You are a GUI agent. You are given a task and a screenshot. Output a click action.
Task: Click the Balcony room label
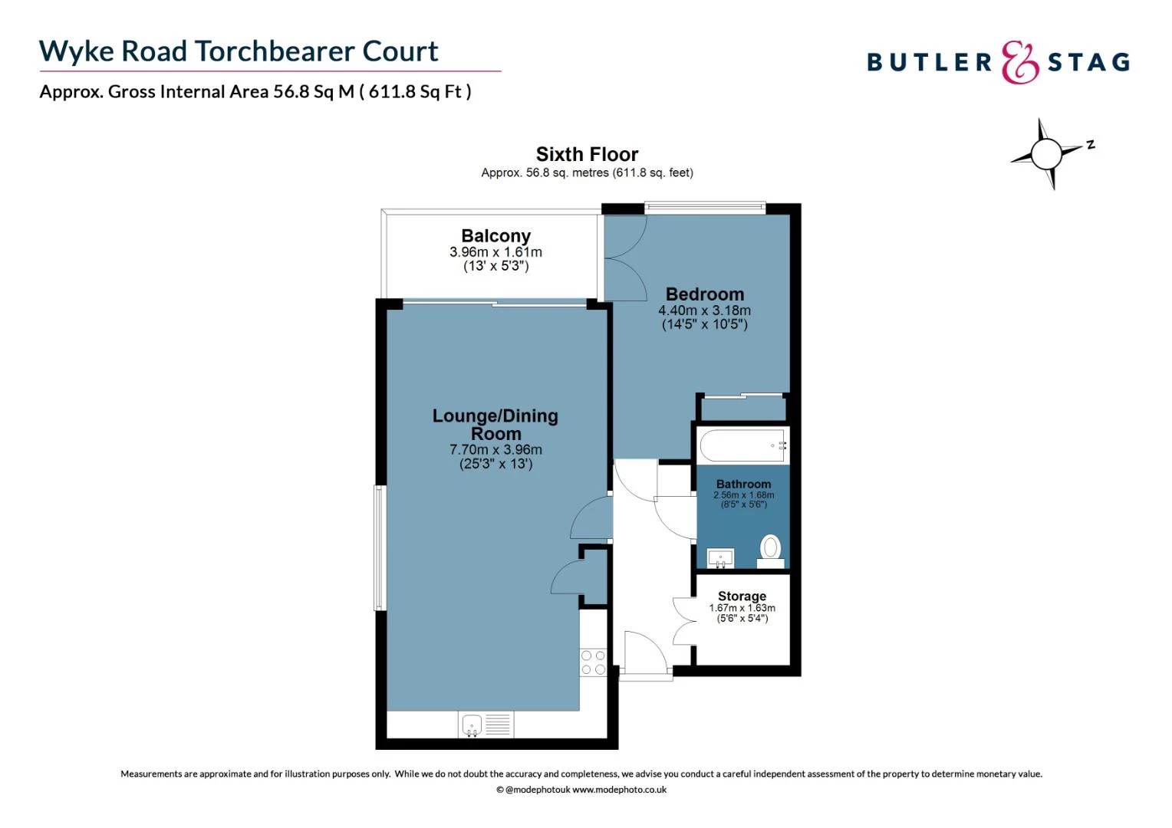click(x=495, y=236)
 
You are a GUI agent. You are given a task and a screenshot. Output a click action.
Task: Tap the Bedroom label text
click(x=704, y=294)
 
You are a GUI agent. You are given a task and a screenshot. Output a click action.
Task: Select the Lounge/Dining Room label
click(x=495, y=425)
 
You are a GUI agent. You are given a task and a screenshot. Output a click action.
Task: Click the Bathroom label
click(x=743, y=484)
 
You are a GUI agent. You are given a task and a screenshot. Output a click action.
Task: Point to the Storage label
click(x=742, y=596)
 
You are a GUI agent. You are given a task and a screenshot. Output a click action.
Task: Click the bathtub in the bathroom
click(x=742, y=445)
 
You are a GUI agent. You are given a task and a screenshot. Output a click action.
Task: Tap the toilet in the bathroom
click(x=771, y=549)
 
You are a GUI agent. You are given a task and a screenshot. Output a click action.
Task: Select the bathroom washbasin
click(x=720, y=557)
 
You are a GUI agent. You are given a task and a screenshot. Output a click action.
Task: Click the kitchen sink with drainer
click(x=486, y=724)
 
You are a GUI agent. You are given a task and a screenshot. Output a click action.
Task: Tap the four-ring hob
click(x=593, y=662)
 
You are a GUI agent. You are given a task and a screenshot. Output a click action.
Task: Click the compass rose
click(x=1045, y=154)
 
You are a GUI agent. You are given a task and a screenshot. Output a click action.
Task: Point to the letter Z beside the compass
click(x=1090, y=144)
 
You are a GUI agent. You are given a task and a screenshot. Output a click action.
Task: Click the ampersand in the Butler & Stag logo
click(x=1020, y=63)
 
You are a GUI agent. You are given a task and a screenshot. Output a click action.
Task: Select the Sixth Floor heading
click(x=587, y=154)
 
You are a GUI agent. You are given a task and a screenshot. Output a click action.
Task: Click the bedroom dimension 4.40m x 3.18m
click(x=704, y=310)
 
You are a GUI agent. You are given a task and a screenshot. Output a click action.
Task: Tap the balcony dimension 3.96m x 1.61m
click(x=495, y=252)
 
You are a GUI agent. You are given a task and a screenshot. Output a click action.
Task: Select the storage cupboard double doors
click(x=683, y=621)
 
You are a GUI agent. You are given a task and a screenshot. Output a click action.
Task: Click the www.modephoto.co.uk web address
click(x=619, y=790)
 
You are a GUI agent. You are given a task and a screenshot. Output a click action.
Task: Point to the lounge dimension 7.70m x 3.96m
click(x=495, y=450)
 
